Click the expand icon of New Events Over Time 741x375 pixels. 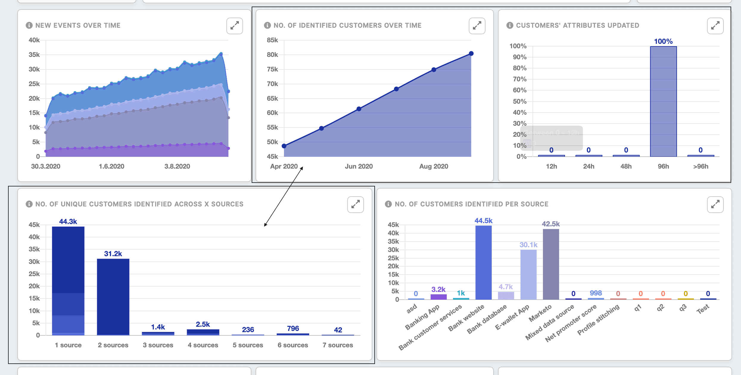point(234,26)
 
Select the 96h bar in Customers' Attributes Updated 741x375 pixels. point(663,101)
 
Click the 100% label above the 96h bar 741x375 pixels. point(663,41)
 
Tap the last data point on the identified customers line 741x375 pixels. point(471,54)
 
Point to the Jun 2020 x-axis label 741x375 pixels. point(359,166)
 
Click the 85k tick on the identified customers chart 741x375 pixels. point(272,40)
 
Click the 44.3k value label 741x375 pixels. point(68,221)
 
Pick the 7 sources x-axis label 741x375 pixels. point(338,345)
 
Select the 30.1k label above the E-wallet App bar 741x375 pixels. point(528,245)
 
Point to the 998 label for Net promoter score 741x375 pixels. point(596,293)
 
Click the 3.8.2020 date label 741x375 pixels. point(177,166)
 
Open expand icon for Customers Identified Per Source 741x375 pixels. point(715,204)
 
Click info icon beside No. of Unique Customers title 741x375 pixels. point(29,204)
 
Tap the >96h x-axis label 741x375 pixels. point(700,166)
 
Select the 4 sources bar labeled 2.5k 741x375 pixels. point(203,332)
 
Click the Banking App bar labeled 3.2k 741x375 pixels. point(438,297)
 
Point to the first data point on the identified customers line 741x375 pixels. point(284,146)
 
